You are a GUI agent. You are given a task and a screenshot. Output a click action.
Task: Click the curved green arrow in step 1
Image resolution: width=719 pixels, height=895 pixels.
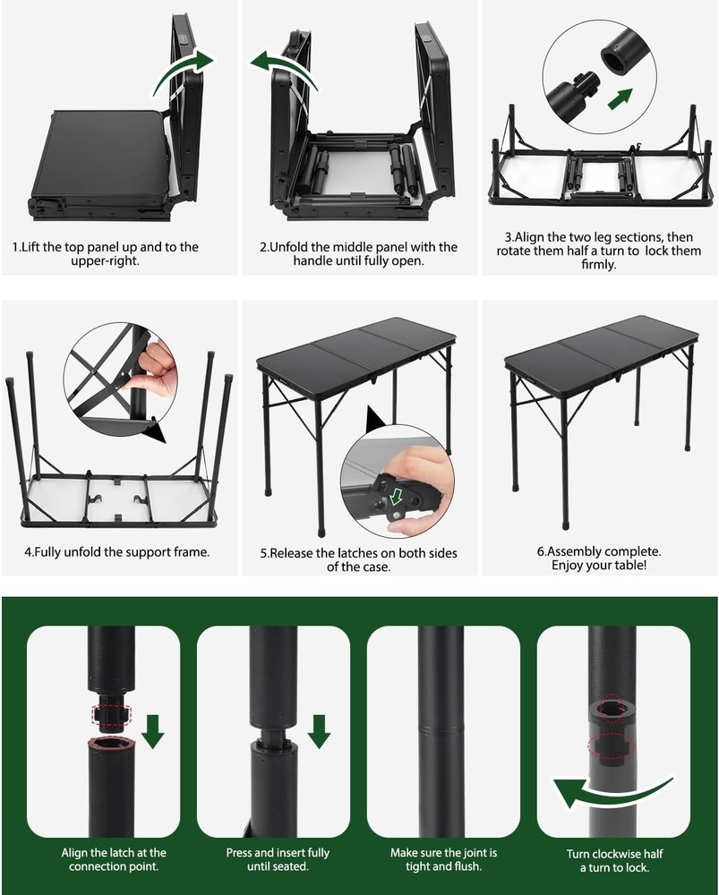[x=184, y=72]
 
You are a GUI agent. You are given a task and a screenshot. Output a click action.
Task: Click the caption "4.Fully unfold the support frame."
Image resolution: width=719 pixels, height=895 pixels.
[x=117, y=551]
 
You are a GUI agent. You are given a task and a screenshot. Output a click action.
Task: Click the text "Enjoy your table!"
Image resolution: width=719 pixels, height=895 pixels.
[x=604, y=566]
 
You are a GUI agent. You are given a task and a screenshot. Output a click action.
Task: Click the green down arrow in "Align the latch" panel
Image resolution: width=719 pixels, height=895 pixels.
[x=152, y=729]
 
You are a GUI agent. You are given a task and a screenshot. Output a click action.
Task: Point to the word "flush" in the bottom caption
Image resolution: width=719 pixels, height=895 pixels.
[x=474, y=866]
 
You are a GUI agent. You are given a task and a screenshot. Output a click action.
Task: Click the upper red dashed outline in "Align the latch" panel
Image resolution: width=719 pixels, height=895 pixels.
[x=112, y=715]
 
